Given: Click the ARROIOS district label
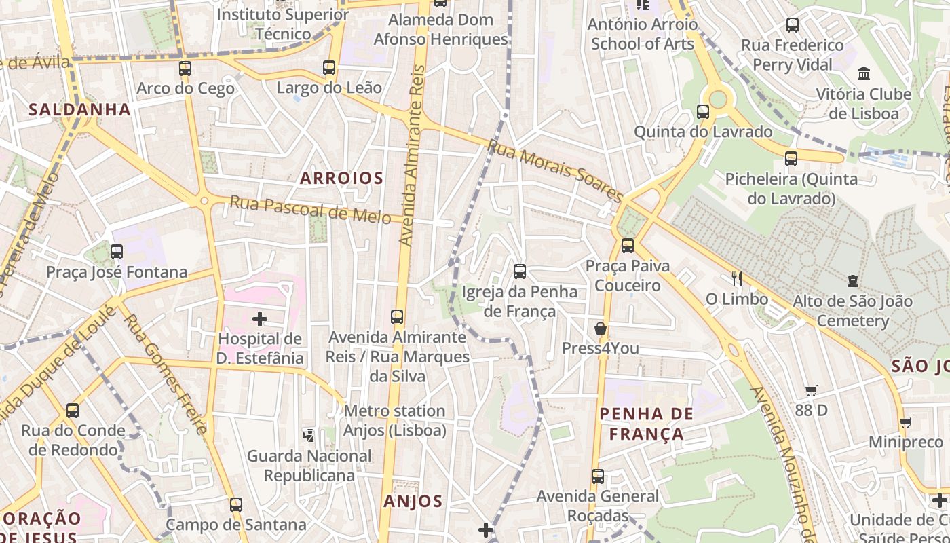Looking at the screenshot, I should [342, 179].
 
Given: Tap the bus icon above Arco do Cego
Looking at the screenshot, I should [185, 69].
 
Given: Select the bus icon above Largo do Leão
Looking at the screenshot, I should [329, 68].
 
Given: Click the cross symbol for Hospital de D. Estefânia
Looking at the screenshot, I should [260, 318].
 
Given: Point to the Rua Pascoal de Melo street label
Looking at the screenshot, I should [310, 210].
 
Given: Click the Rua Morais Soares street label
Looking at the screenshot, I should [554, 171].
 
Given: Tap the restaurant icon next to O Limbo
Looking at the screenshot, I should [737, 279].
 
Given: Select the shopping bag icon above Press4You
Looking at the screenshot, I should [601, 329].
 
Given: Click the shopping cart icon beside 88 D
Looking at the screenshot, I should [811, 390].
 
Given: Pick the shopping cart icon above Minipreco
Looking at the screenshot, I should [905, 423].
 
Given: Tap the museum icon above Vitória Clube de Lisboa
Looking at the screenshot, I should [864, 73].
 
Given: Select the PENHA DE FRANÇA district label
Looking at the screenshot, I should [647, 424].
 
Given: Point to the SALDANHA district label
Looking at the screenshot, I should [79, 109].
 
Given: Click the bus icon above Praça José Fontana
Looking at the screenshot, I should [117, 252].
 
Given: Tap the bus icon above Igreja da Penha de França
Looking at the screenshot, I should [520, 271].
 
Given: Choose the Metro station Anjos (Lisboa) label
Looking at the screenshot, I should [394, 420].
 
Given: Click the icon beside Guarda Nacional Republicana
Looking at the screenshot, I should [309, 434].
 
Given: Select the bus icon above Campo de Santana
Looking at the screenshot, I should [236, 505].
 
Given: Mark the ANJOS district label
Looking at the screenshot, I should [413, 502].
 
